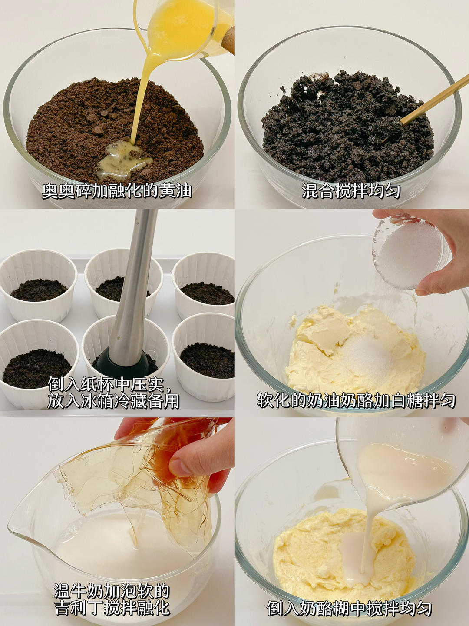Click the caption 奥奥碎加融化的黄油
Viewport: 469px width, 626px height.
[x=117, y=191]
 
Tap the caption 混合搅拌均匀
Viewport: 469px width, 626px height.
[x=351, y=191]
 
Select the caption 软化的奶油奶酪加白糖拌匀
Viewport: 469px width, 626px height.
[x=356, y=400]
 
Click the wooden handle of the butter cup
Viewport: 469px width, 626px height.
[x=228, y=41]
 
